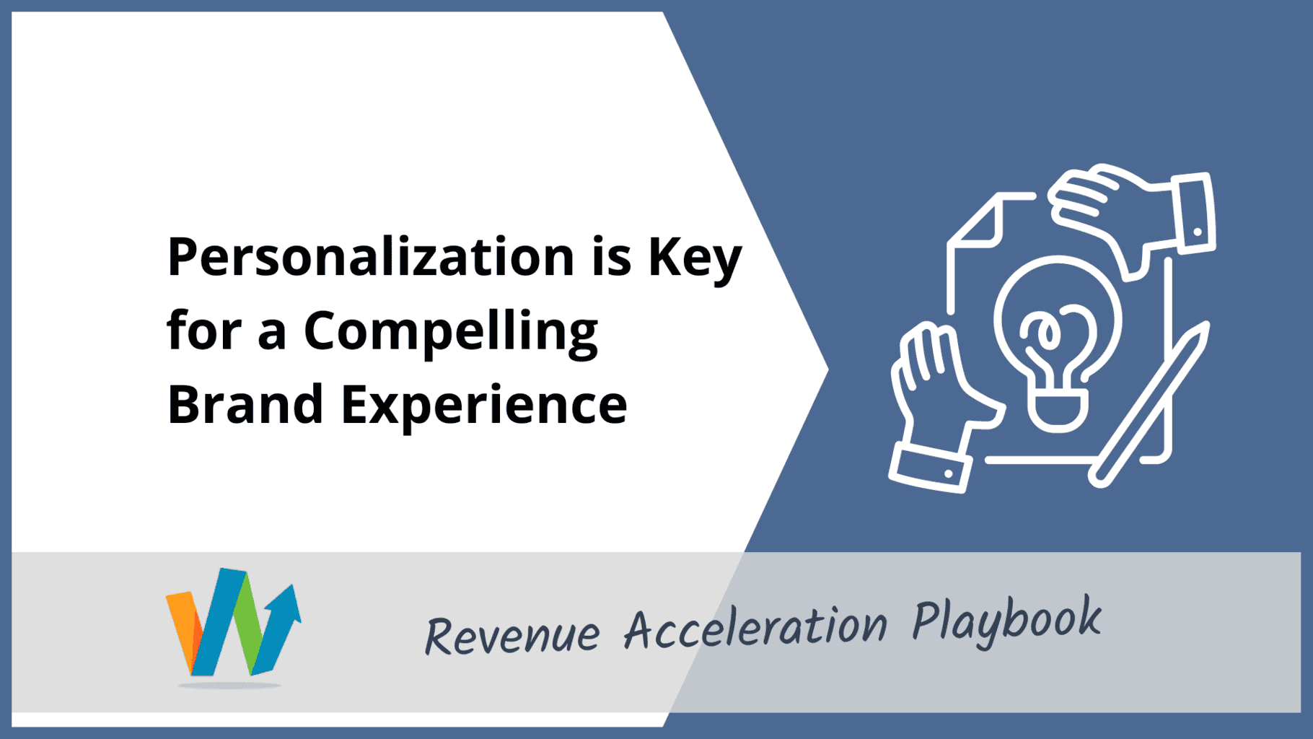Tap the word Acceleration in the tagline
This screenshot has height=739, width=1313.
[x=755, y=626]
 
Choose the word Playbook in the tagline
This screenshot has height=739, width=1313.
[x=1006, y=619]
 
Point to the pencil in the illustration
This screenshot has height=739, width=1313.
[x=1149, y=404]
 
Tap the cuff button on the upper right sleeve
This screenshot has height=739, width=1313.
[x=1198, y=232]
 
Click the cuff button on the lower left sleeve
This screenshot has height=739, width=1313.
[x=949, y=473]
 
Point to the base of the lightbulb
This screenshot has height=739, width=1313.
[x=1058, y=411]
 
